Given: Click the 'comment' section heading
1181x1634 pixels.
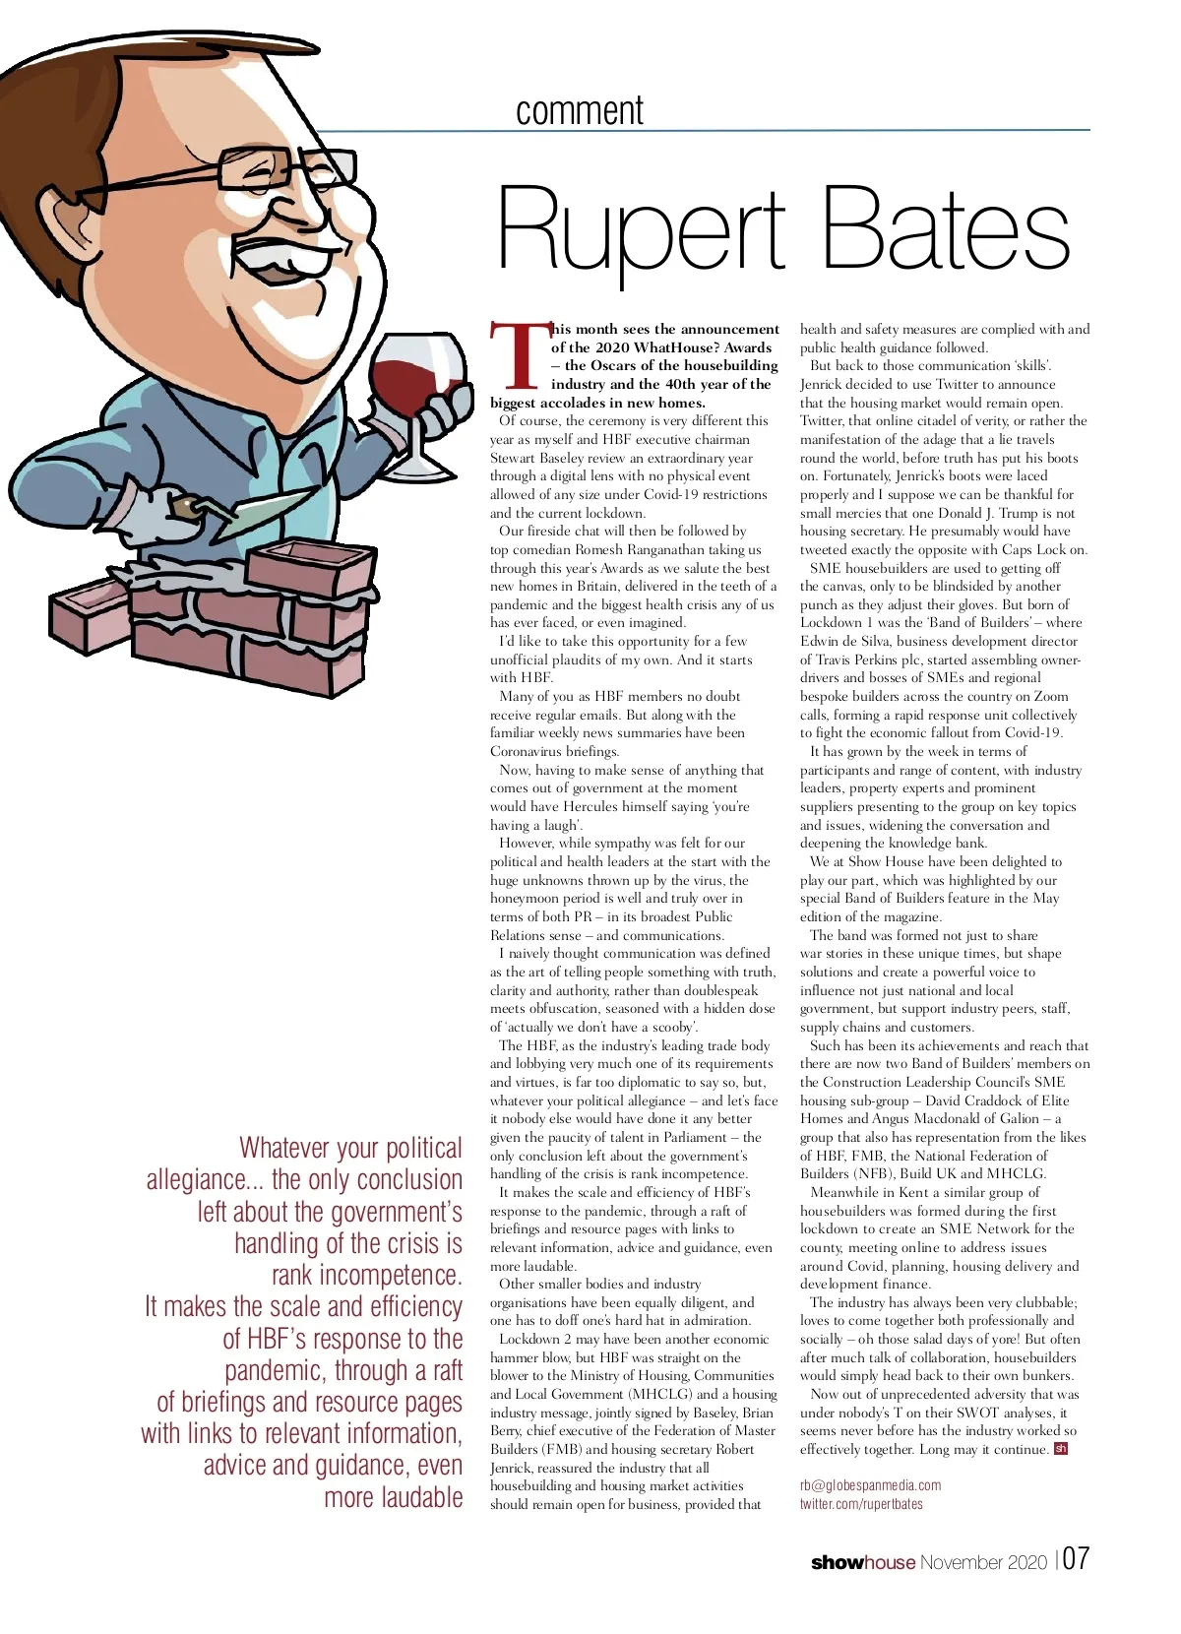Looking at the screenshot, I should point(579,110).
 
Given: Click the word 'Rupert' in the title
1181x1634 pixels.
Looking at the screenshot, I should point(641,231).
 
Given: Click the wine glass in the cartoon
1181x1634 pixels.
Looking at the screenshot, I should point(419,389).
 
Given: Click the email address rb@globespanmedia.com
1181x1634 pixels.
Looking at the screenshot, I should point(870,1485).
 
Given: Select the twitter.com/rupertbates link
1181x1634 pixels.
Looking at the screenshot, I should point(861,1504).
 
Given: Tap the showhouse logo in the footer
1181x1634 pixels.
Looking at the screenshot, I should point(862,1562).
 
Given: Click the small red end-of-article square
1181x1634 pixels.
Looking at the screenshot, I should point(1060,1449).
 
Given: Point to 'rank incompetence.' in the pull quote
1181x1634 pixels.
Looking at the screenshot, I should point(366,1275).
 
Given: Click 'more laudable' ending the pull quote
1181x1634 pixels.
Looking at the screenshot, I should point(393,1497).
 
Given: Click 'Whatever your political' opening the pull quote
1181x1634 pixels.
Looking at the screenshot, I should point(350,1148).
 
